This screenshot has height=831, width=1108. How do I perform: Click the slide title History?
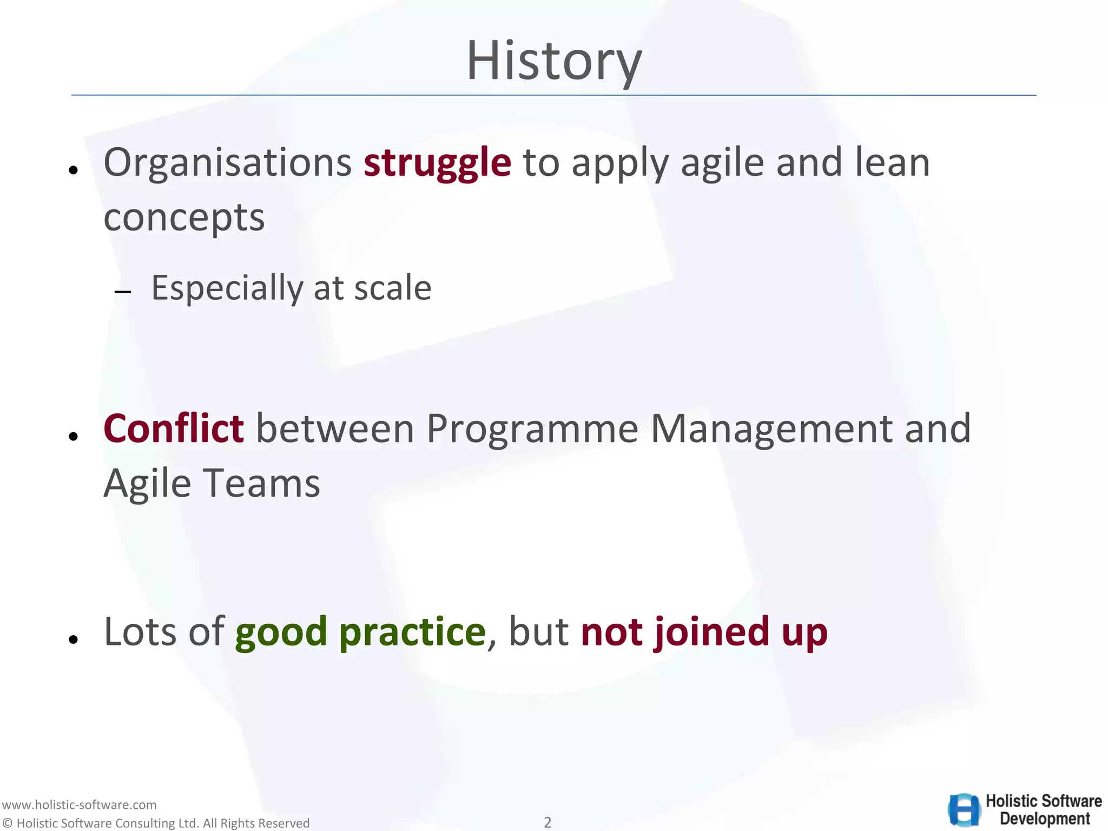[x=553, y=61]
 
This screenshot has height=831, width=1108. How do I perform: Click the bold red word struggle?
[x=437, y=162]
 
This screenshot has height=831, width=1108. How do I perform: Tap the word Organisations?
[x=227, y=162]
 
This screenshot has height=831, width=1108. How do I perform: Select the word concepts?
[x=184, y=217]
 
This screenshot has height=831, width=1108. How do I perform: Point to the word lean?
[x=892, y=162]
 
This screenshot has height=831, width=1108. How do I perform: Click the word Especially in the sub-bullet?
[x=227, y=288]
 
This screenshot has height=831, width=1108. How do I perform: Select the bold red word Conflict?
[x=173, y=428]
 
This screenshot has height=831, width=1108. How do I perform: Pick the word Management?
[x=771, y=428]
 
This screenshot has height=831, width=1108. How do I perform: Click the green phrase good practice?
[x=360, y=632]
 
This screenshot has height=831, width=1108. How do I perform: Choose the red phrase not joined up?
[x=704, y=632]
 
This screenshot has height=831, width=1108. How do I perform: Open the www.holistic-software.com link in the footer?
[x=79, y=804]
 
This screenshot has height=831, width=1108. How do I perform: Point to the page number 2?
[x=548, y=822]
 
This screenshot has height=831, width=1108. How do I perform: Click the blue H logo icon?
[x=965, y=810]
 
